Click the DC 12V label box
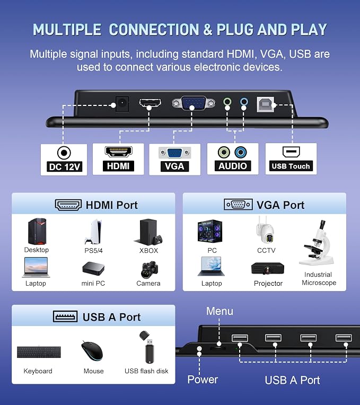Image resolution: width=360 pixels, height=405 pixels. pos(64,160)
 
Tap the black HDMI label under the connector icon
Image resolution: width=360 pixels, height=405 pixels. pos(118,166)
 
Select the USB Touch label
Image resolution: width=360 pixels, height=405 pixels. pos(291,166)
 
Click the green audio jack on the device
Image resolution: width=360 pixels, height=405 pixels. pos(227,101)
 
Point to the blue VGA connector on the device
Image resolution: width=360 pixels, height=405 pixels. pos(194,103)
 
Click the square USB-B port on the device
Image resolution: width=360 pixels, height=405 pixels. pos(265,104)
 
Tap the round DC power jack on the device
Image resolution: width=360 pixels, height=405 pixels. pos(122,103)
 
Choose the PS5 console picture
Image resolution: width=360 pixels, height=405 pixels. pos(93,232)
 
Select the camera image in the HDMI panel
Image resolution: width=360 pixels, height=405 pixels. pos(150,270)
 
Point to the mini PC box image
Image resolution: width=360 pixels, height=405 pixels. pos(93,269)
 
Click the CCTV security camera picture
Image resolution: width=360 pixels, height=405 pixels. pos(266,231)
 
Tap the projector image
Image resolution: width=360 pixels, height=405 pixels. pos(268,269)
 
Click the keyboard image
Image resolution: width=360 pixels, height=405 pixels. pos(39,352)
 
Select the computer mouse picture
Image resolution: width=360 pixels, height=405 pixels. pos(92,351)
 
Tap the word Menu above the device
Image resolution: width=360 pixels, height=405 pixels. pos(219,311)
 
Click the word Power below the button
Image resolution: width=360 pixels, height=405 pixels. pos(203,380)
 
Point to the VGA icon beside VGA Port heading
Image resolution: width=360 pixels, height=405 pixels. pos(238,205)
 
